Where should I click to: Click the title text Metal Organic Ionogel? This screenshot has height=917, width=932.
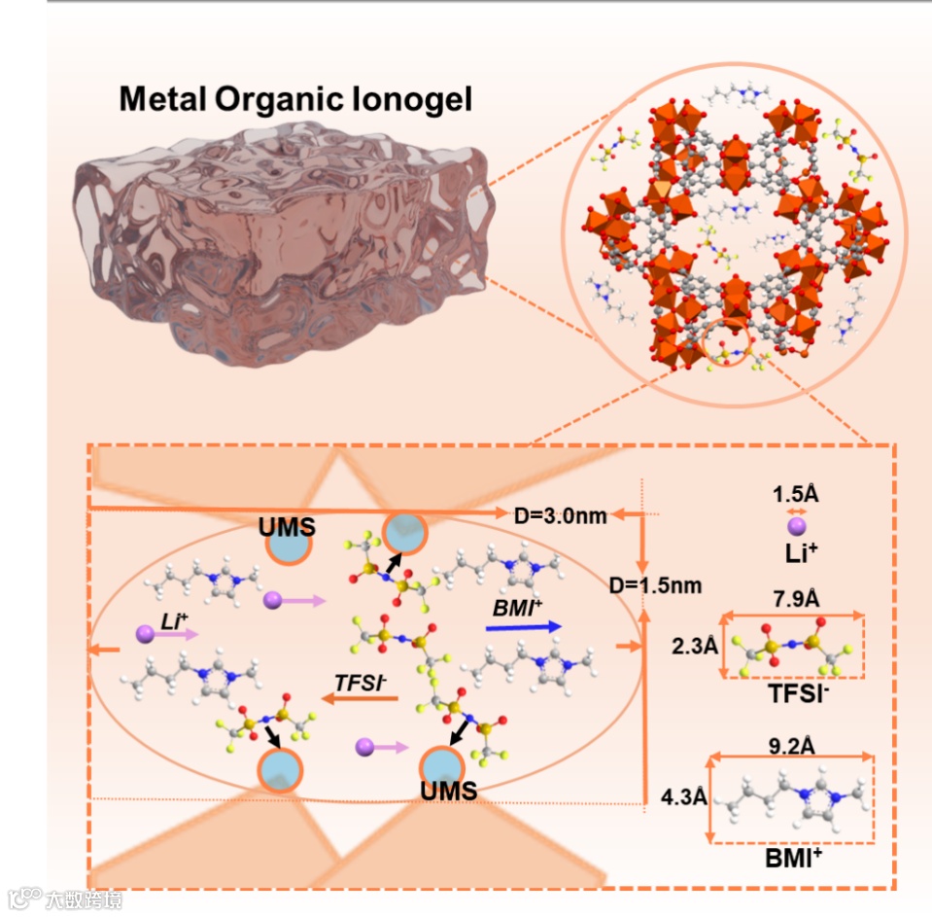pos(295,98)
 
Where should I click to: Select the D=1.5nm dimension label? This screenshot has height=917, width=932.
pos(655,585)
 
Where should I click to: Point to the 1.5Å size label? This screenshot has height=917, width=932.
pos(796,493)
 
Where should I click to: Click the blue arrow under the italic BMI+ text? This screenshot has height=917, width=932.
pos(525,628)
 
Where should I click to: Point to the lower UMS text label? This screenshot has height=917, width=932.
pos(448,791)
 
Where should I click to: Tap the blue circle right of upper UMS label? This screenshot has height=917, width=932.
pos(403,533)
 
